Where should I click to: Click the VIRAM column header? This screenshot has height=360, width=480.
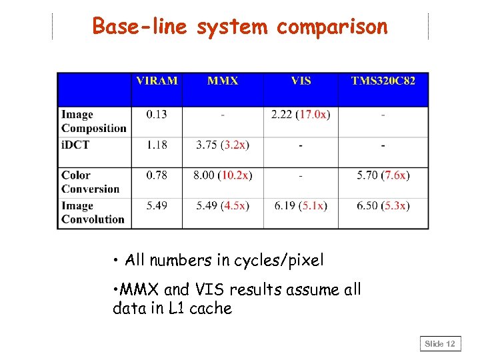coord(157,81)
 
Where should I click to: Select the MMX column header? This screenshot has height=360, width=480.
coord(223,81)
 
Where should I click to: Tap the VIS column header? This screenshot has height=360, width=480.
coord(301,81)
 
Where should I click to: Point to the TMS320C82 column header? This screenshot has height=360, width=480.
coord(383,81)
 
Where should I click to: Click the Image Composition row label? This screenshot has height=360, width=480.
coord(93,121)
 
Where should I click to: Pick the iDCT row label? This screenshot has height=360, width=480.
coord(76,145)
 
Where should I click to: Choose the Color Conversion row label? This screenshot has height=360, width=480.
coord(90,182)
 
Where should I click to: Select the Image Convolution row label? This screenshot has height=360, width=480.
coord(93,212)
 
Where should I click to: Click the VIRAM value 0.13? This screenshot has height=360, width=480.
coord(157,115)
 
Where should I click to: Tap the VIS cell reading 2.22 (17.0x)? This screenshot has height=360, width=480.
coord(301,115)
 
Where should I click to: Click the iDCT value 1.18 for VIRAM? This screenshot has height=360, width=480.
coord(157,145)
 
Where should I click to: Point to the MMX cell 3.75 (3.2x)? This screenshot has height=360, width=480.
coord(223,145)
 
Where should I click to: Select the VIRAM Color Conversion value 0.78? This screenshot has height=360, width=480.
coord(157,175)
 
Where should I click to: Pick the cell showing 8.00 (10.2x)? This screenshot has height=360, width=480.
coord(223,175)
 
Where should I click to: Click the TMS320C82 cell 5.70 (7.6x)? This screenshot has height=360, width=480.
coord(383,175)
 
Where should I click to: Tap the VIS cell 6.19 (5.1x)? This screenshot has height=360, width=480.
coord(301,205)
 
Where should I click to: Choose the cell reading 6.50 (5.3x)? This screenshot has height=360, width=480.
coord(383,205)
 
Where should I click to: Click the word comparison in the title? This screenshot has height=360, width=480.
coord(331,27)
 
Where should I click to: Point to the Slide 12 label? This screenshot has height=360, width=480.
coord(441,344)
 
